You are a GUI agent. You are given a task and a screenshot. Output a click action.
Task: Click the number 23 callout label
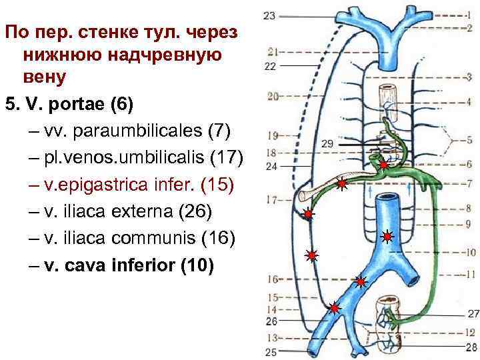(270, 15)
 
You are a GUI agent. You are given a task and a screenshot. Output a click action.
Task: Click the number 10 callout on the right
(469, 253)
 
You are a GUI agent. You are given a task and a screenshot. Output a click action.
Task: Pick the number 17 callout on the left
(272, 199)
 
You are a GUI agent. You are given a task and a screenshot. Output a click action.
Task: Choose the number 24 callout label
(271, 167)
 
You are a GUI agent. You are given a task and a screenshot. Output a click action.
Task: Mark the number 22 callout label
(270, 66)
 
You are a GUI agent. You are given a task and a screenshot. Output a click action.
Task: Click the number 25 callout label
(271, 351)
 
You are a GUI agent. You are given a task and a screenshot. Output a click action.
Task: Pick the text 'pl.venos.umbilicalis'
(124, 157)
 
